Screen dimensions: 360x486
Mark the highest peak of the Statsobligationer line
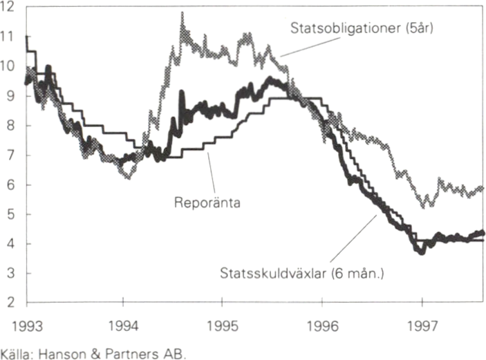(x=182, y=14)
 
